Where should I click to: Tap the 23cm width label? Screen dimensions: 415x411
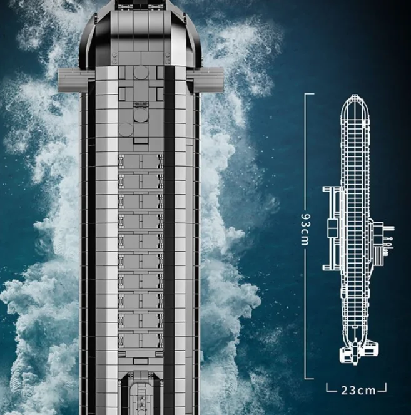[x=358, y=390]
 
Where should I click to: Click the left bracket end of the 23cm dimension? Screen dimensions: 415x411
[x=328, y=388]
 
